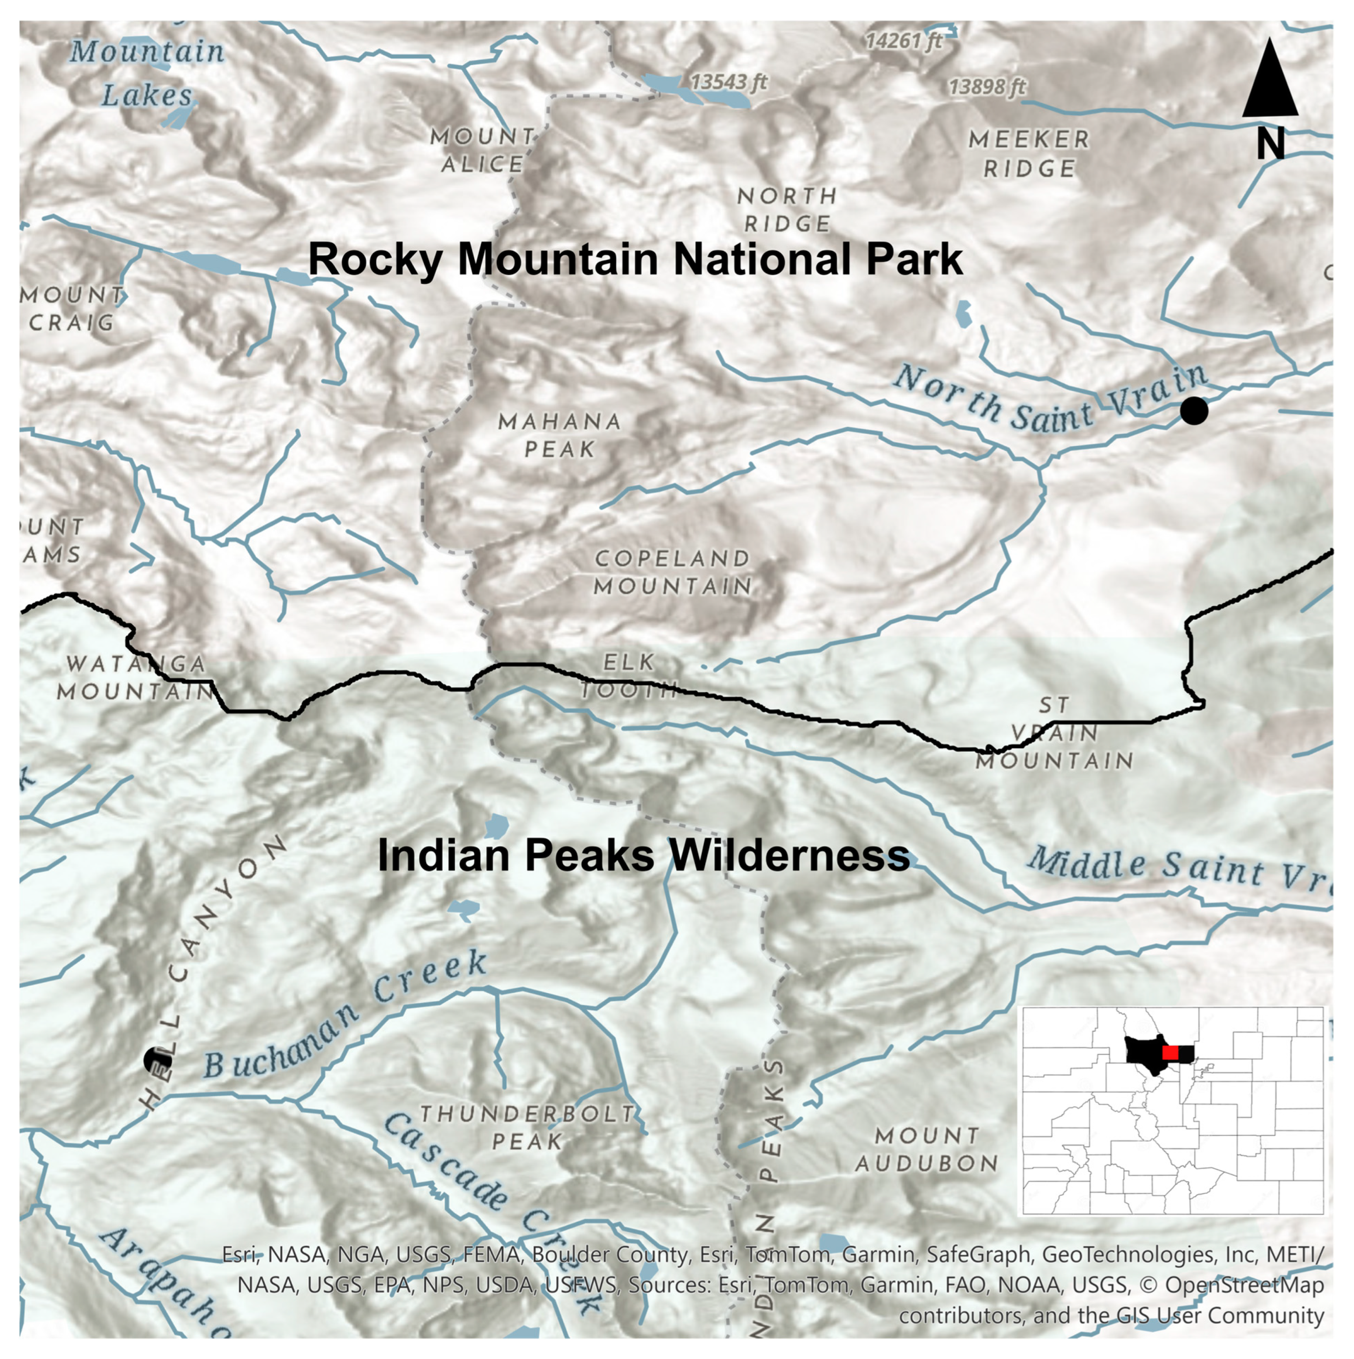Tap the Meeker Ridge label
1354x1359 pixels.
pos(1028,154)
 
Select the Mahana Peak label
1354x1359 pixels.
pos(560,435)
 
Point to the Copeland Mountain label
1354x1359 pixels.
pos(673,572)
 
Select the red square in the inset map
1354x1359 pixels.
pos(1170,1052)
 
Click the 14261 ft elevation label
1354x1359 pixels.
pos(903,41)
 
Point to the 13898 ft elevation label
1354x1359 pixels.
pos(986,87)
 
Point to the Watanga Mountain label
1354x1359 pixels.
pos(135,677)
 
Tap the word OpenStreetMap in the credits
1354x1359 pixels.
pos(1244,1285)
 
